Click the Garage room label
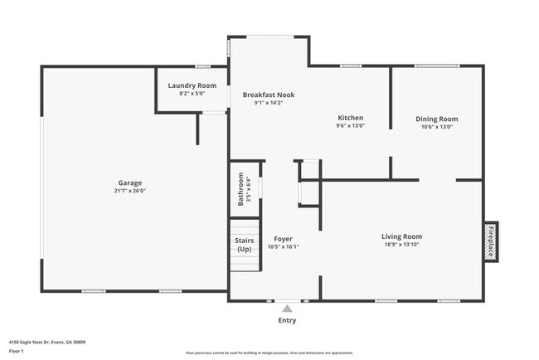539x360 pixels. [130, 182]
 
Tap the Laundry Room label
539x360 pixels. [192, 85]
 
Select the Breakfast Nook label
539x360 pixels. [268, 95]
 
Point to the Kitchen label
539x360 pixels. [350, 118]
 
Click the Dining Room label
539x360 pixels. [436, 119]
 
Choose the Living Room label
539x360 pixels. [401, 236]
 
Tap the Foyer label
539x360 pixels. [283, 239]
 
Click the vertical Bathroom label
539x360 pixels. [241, 188]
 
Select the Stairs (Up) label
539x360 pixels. [245, 245]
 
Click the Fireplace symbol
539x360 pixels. [490, 241]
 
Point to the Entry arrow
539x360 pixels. [287, 308]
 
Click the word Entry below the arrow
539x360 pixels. [287, 320]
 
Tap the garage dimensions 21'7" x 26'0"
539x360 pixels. [130, 191]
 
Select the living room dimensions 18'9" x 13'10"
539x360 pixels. [401, 245]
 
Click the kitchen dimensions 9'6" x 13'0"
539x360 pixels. [350, 126]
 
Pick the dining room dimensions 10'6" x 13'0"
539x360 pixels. [436, 127]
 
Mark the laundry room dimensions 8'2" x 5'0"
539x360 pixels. [192, 93]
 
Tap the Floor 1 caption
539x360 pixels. [17, 351]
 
